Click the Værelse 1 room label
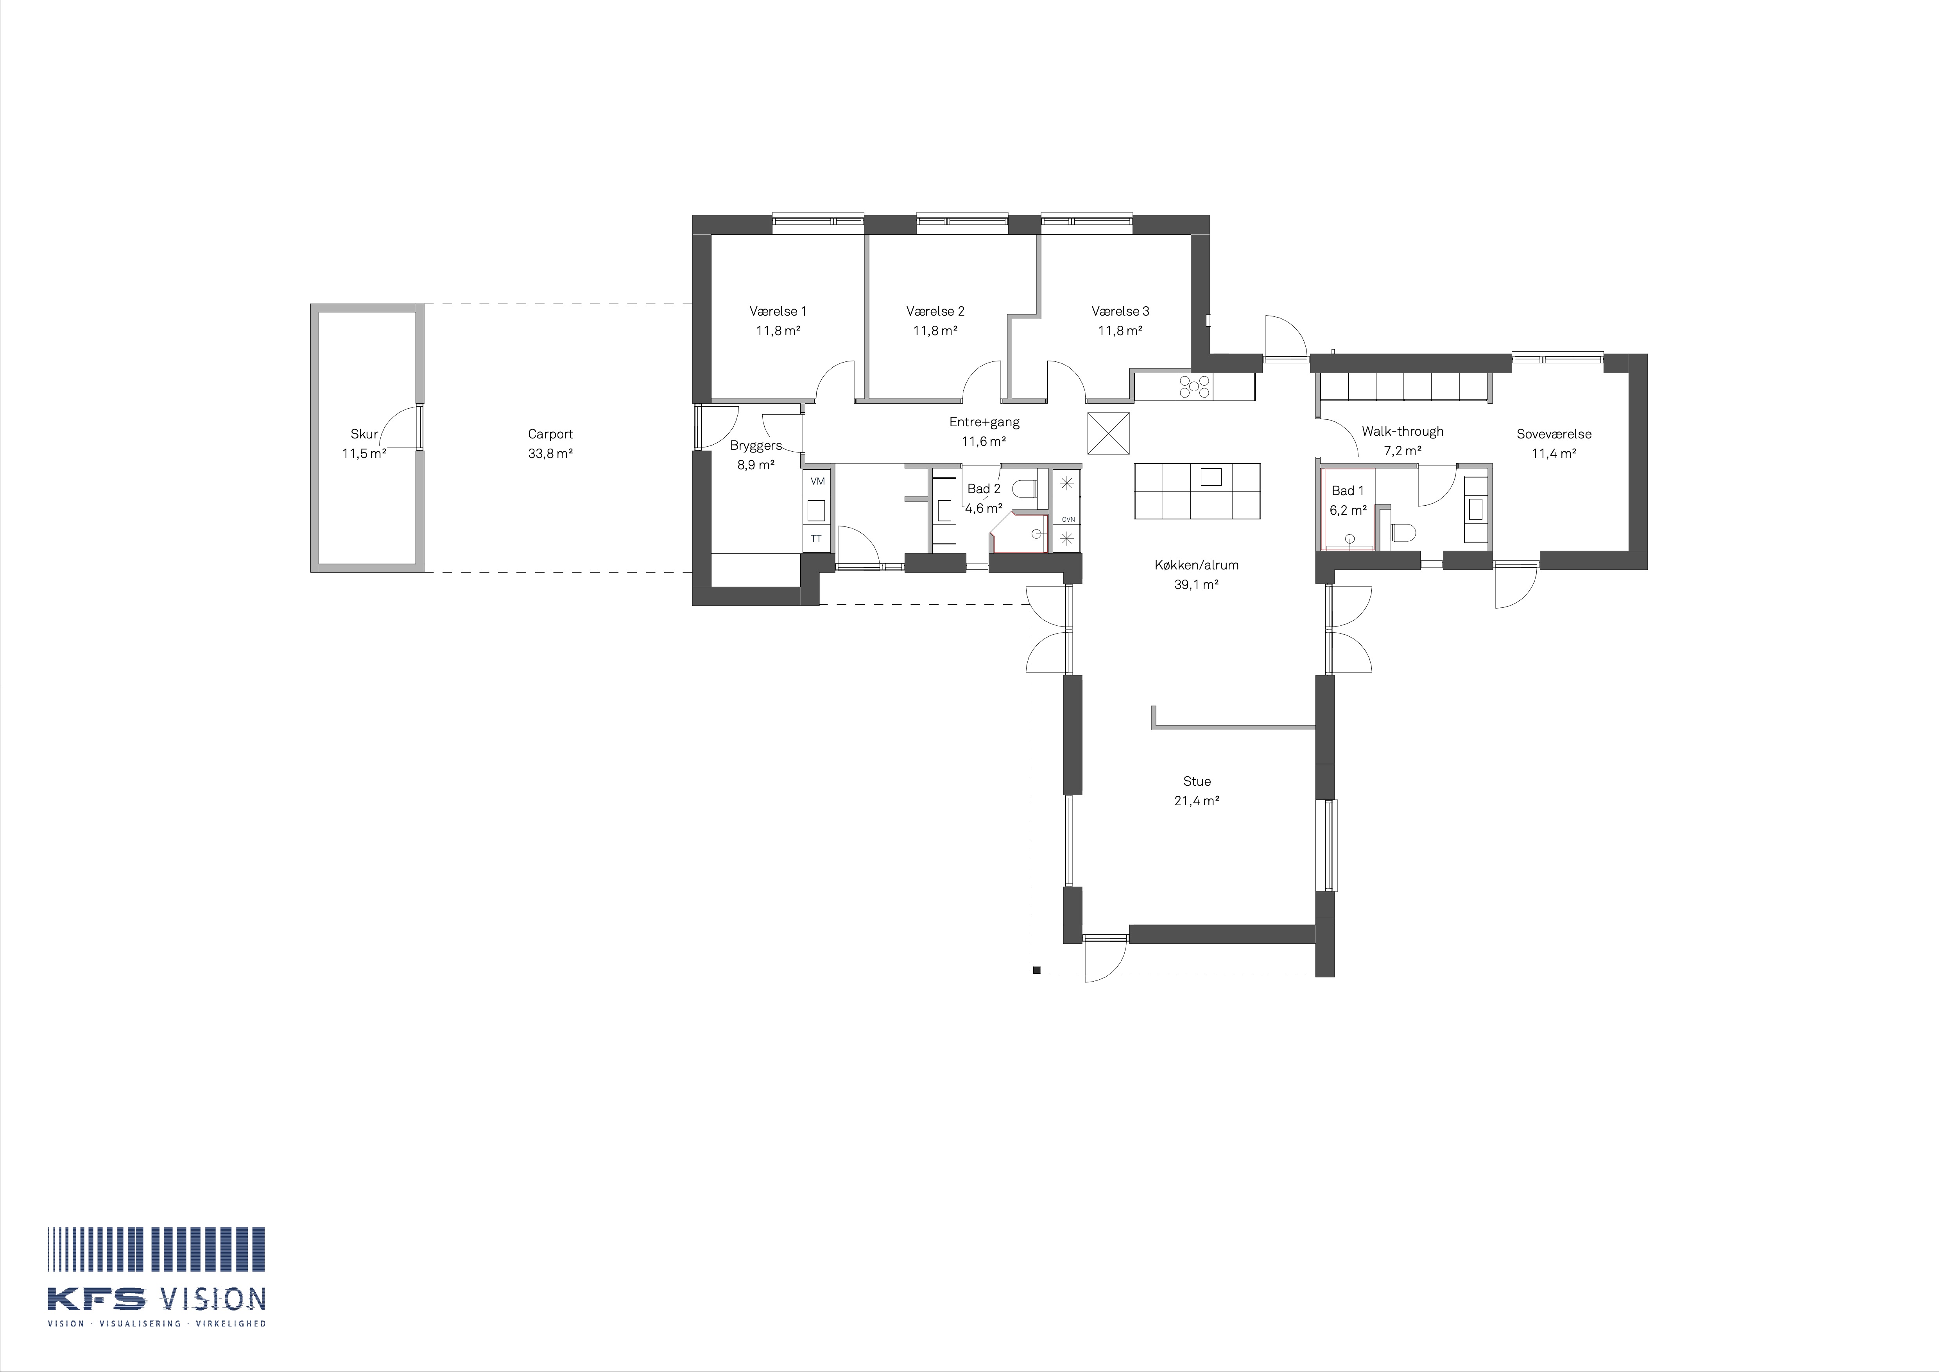[778, 311]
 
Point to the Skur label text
[364, 434]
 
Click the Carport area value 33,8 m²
[551, 454]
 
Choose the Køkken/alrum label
[1197, 565]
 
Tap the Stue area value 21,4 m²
[1197, 801]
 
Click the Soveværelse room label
[1554, 434]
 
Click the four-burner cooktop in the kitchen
[1195, 387]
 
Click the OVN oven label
[1068, 519]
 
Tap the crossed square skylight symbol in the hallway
[1108, 433]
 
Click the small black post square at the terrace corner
[1036, 970]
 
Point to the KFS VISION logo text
[157, 1299]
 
